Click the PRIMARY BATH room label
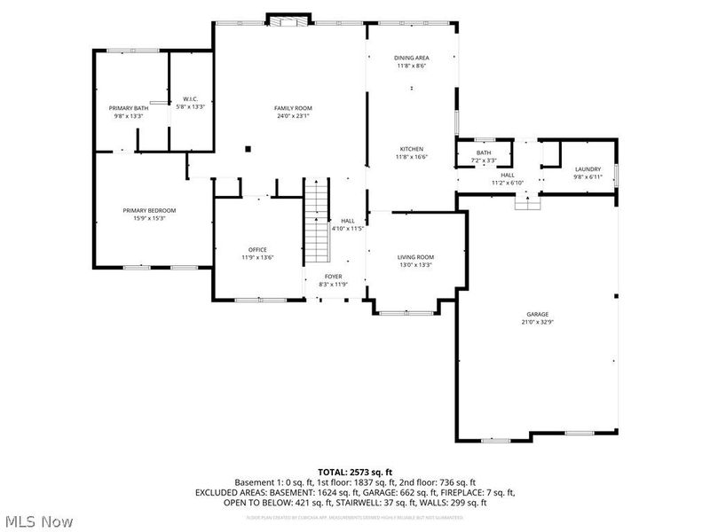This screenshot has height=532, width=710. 128,107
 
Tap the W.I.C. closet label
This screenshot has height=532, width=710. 191,98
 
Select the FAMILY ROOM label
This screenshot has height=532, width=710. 292,107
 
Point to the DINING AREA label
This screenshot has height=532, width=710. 411,57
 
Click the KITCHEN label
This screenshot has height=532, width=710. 411,148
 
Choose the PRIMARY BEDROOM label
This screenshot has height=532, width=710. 149,210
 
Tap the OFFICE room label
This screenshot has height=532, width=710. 257,249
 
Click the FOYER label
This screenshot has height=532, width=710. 333,277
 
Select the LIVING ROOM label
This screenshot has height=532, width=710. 415,256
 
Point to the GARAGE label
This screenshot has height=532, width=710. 537,314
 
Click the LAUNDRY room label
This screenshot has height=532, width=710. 588,168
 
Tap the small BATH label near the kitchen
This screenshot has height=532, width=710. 484,153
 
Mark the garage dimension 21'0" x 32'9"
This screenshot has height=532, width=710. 537,322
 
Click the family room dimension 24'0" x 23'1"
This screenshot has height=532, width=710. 292,115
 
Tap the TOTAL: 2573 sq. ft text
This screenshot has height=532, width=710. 355,471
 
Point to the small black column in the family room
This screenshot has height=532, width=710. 249,149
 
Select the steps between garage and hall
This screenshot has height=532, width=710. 527,202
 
